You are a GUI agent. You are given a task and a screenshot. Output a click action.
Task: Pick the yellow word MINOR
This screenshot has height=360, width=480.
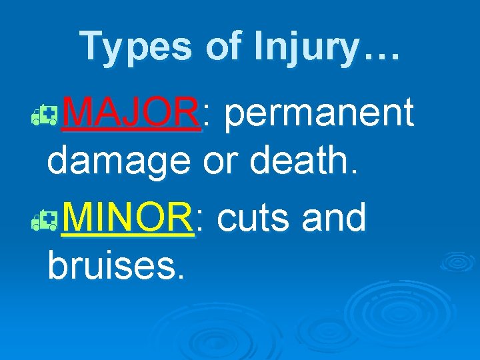coord(128,217)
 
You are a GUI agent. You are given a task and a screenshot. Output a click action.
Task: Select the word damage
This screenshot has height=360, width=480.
coord(119,162)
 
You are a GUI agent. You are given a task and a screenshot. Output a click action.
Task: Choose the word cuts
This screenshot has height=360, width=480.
coord(254,219)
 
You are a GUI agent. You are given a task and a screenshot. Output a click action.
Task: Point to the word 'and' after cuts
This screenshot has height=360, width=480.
coord(334,217)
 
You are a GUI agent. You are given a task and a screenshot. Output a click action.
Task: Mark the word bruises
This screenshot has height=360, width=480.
coord(110,265)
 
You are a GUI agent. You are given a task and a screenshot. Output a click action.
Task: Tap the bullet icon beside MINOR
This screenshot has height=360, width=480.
coord(49,224)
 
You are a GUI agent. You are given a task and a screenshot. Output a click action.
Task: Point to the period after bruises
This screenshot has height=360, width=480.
coord(177,275)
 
